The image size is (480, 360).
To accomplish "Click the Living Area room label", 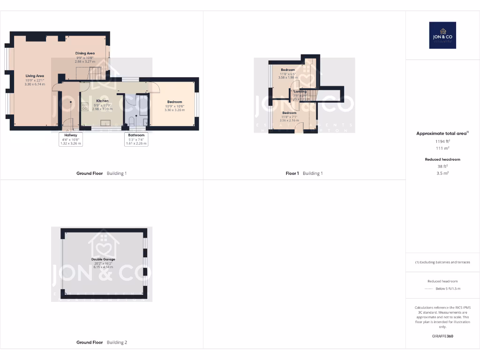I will [35, 75].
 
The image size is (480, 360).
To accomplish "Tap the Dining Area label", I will [85, 53].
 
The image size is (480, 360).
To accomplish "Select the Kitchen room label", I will [102, 101].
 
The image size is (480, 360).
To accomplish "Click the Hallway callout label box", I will [71, 139].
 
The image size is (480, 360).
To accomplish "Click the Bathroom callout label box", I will [136, 139].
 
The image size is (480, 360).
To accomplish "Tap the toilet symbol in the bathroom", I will [132, 121].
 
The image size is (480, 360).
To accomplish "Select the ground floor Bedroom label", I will [174, 102].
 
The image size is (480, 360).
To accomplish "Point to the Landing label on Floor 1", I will [300, 92].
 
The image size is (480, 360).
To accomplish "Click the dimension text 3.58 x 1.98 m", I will [288, 77].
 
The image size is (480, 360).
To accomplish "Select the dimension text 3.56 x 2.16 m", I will [289, 120].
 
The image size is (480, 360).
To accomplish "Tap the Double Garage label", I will [103, 259].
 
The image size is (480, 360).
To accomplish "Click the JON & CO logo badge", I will [442, 35].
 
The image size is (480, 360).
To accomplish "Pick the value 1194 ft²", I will [442, 141].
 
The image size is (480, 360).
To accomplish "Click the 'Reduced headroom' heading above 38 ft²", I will [442, 159].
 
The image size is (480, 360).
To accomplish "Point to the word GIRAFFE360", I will [442, 336].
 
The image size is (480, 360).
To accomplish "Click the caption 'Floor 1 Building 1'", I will [304, 173].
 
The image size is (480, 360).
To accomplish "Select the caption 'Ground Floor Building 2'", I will [102, 343].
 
